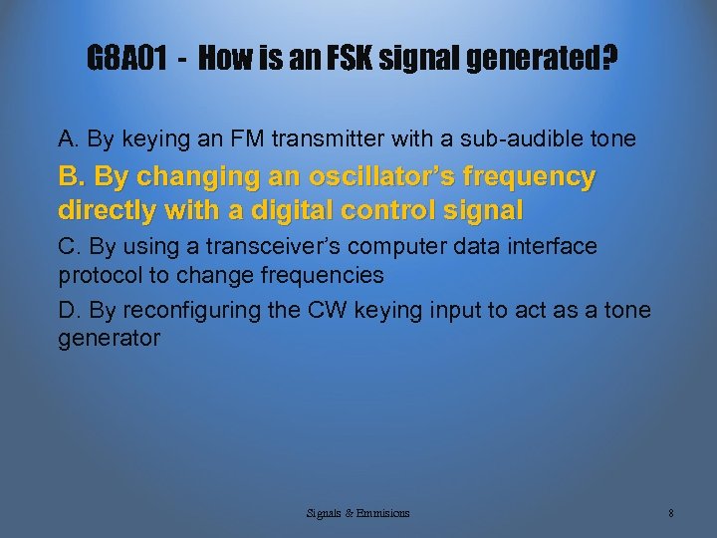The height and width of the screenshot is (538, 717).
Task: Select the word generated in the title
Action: [x=538, y=60]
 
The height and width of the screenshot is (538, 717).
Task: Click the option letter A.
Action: [x=69, y=138]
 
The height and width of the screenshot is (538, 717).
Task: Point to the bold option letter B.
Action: [x=71, y=177]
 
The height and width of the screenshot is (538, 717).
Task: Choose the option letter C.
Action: [x=69, y=246]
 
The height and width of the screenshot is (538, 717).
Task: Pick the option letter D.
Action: [x=69, y=311]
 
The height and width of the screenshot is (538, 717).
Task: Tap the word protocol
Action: [x=99, y=274]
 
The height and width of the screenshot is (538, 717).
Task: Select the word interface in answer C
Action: [x=556, y=246]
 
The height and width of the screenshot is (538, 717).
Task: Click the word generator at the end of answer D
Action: [x=109, y=339]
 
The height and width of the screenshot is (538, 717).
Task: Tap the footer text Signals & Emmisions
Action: [x=358, y=513]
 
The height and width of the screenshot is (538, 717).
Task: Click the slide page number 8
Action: [x=671, y=513]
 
